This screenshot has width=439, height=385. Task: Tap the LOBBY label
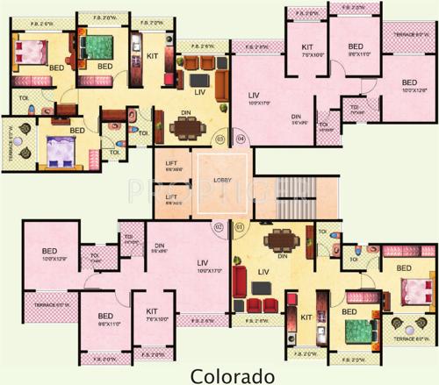[x=221, y=179]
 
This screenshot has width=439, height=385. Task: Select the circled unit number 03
[x=219, y=138]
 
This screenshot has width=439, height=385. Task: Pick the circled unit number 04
[x=241, y=138]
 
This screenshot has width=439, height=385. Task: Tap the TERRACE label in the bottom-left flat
[x=48, y=304]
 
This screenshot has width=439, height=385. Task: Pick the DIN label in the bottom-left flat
[x=160, y=246]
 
